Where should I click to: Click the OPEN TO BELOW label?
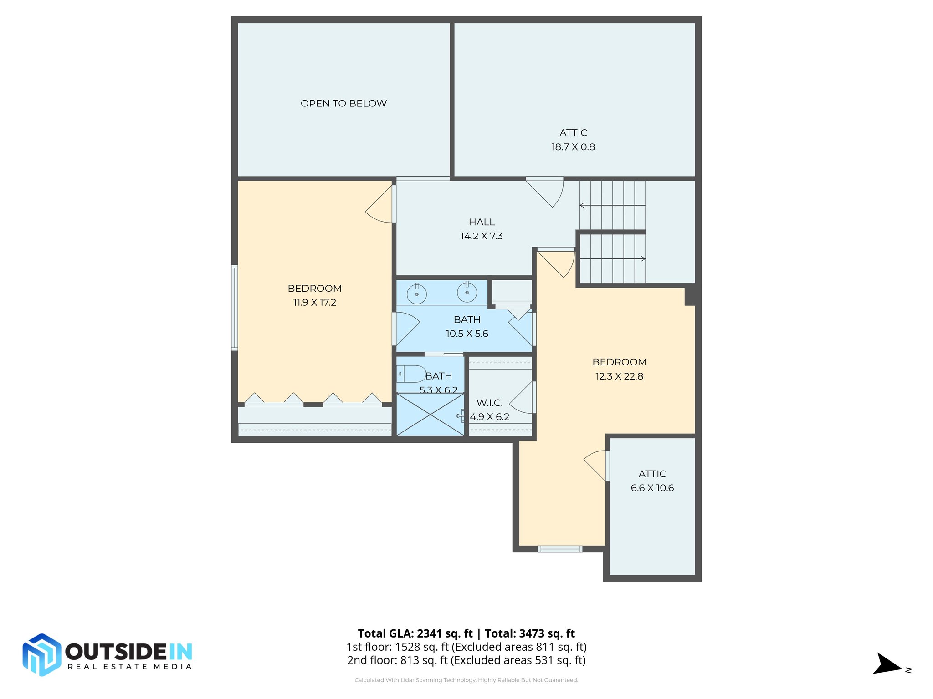click(343, 103)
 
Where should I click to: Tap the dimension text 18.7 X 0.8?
click(573, 147)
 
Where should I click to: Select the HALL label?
click(482, 222)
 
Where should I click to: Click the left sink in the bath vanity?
click(416, 293)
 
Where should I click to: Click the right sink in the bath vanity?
click(467, 292)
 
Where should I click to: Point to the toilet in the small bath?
click(412, 374)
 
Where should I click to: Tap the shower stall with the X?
click(430, 415)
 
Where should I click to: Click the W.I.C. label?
click(489, 403)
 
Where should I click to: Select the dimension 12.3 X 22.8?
click(619, 376)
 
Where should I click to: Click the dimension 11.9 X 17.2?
click(314, 303)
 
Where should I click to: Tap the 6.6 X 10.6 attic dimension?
click(652, 488)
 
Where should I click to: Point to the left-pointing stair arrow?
click(583, 205)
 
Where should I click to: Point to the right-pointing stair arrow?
click(642, 259)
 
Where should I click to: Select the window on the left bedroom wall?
click(234, 308)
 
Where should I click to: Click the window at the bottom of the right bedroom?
click(560, 549)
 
